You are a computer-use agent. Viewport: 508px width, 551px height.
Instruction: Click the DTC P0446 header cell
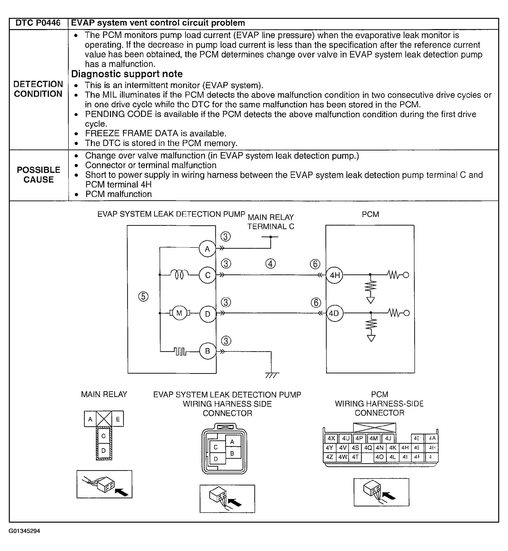tap(38, 23)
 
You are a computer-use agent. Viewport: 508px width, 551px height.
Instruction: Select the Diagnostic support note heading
tap(127, 74)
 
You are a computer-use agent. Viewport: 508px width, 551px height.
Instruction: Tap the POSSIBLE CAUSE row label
tap(38, 175)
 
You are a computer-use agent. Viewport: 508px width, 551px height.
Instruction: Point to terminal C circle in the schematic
tap(208, 275)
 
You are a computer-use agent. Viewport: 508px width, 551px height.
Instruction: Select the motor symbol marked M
tap(179, 313)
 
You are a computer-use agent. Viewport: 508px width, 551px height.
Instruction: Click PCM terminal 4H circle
tap(335, 275)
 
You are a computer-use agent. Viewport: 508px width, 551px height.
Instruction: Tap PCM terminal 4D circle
tap(335, 313)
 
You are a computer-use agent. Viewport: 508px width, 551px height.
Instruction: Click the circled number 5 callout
tap(143, 296)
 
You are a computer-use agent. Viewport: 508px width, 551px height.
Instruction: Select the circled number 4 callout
tap(271, 264)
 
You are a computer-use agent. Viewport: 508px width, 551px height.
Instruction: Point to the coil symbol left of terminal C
tap(179, 274)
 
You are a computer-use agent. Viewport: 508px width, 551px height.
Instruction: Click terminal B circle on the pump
tap(207, 351)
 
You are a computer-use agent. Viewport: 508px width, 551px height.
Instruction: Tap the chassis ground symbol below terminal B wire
tap(272, 375)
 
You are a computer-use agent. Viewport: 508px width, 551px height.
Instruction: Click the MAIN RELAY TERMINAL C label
tap(271, 222)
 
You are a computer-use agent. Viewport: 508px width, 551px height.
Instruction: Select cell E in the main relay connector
tap(118, 419)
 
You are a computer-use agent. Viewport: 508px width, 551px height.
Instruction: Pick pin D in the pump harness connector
tap(216, 459)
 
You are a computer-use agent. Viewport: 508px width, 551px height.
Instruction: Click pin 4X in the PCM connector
tap(331, 438)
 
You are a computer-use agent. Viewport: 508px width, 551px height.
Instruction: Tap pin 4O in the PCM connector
tap(379, 457)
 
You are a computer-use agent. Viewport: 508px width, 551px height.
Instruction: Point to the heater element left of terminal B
tap(180, 351)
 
